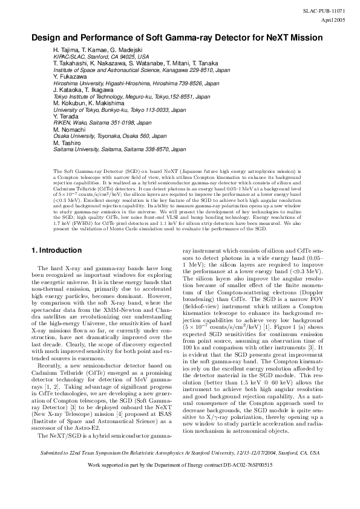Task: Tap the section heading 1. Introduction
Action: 56,250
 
